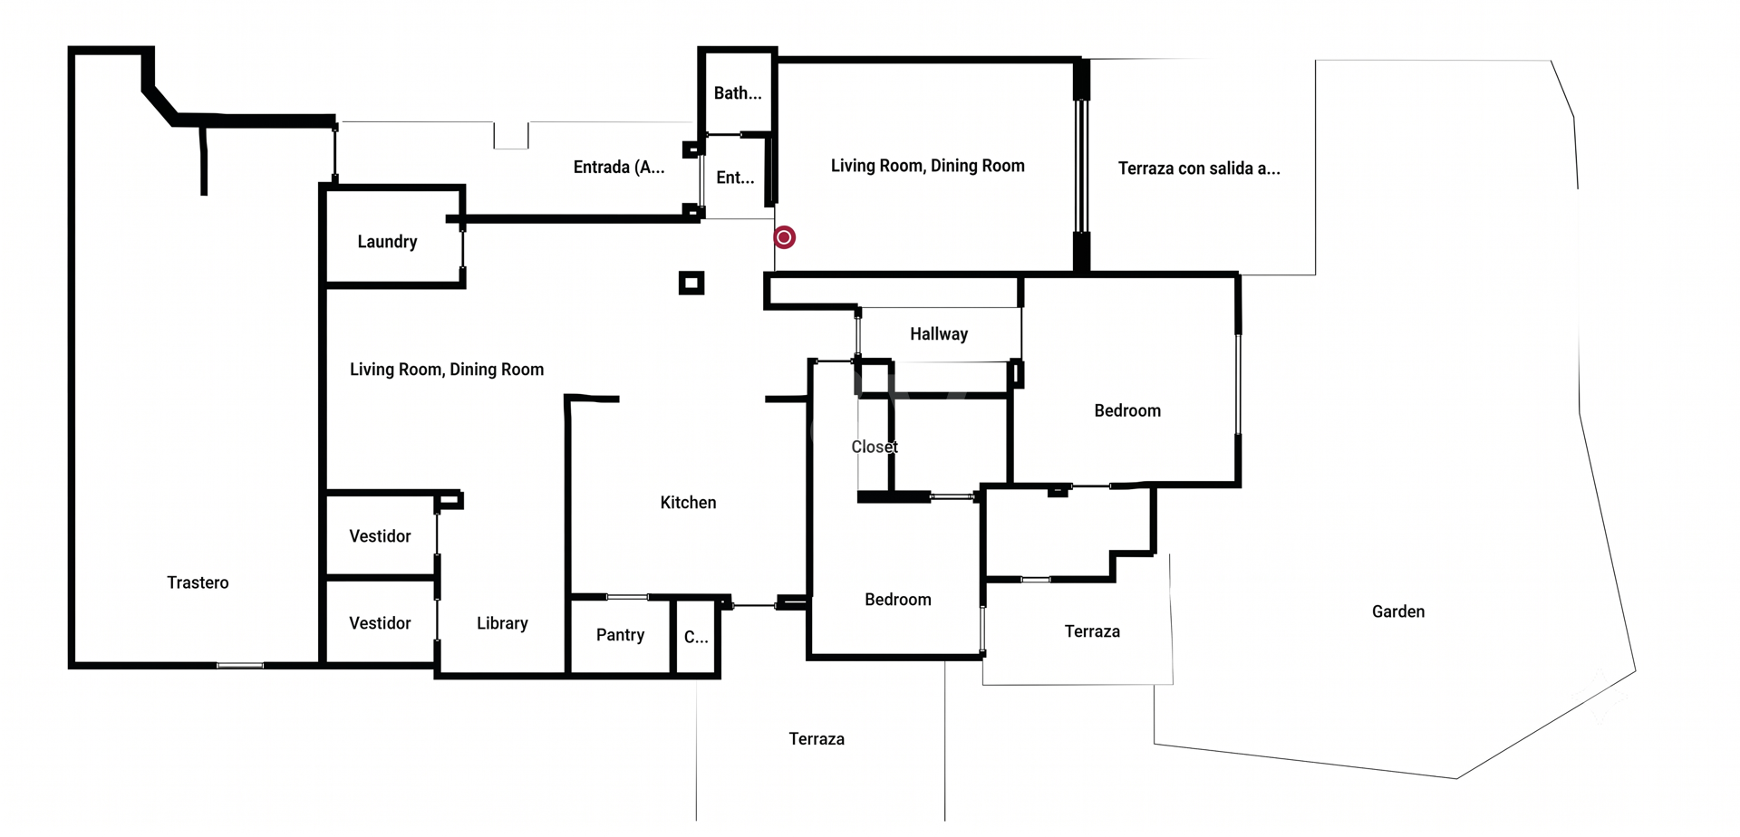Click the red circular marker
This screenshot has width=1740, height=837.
coord(785,237)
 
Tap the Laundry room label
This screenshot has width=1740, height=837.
coord(387,242)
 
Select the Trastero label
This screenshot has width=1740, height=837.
coord(198,582)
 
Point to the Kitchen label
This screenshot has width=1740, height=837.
coord(688,503)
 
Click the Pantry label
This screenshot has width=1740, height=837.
coord(620,635)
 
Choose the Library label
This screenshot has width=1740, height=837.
coord(502,623)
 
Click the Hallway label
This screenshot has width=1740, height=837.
coord(939,334)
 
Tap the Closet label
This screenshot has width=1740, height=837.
coord(875,447)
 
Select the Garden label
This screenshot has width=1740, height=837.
coord(1398,611)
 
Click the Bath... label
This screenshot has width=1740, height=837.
coord(738,93)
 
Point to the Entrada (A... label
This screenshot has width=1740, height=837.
coord(619,168)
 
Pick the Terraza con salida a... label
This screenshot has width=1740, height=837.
coord(1199,168)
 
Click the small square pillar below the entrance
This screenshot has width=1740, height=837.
coord(691,284)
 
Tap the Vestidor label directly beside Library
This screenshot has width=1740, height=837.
coord(380,623)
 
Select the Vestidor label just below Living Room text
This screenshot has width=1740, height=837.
coord(380,536)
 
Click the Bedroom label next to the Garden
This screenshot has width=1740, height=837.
coord(1127,411)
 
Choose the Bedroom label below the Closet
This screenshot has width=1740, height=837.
coord(898,600)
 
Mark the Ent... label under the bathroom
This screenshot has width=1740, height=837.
coord(735,178)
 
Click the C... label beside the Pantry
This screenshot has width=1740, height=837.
coord(696,638)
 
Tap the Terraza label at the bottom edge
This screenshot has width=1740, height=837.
coord(817,739)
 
